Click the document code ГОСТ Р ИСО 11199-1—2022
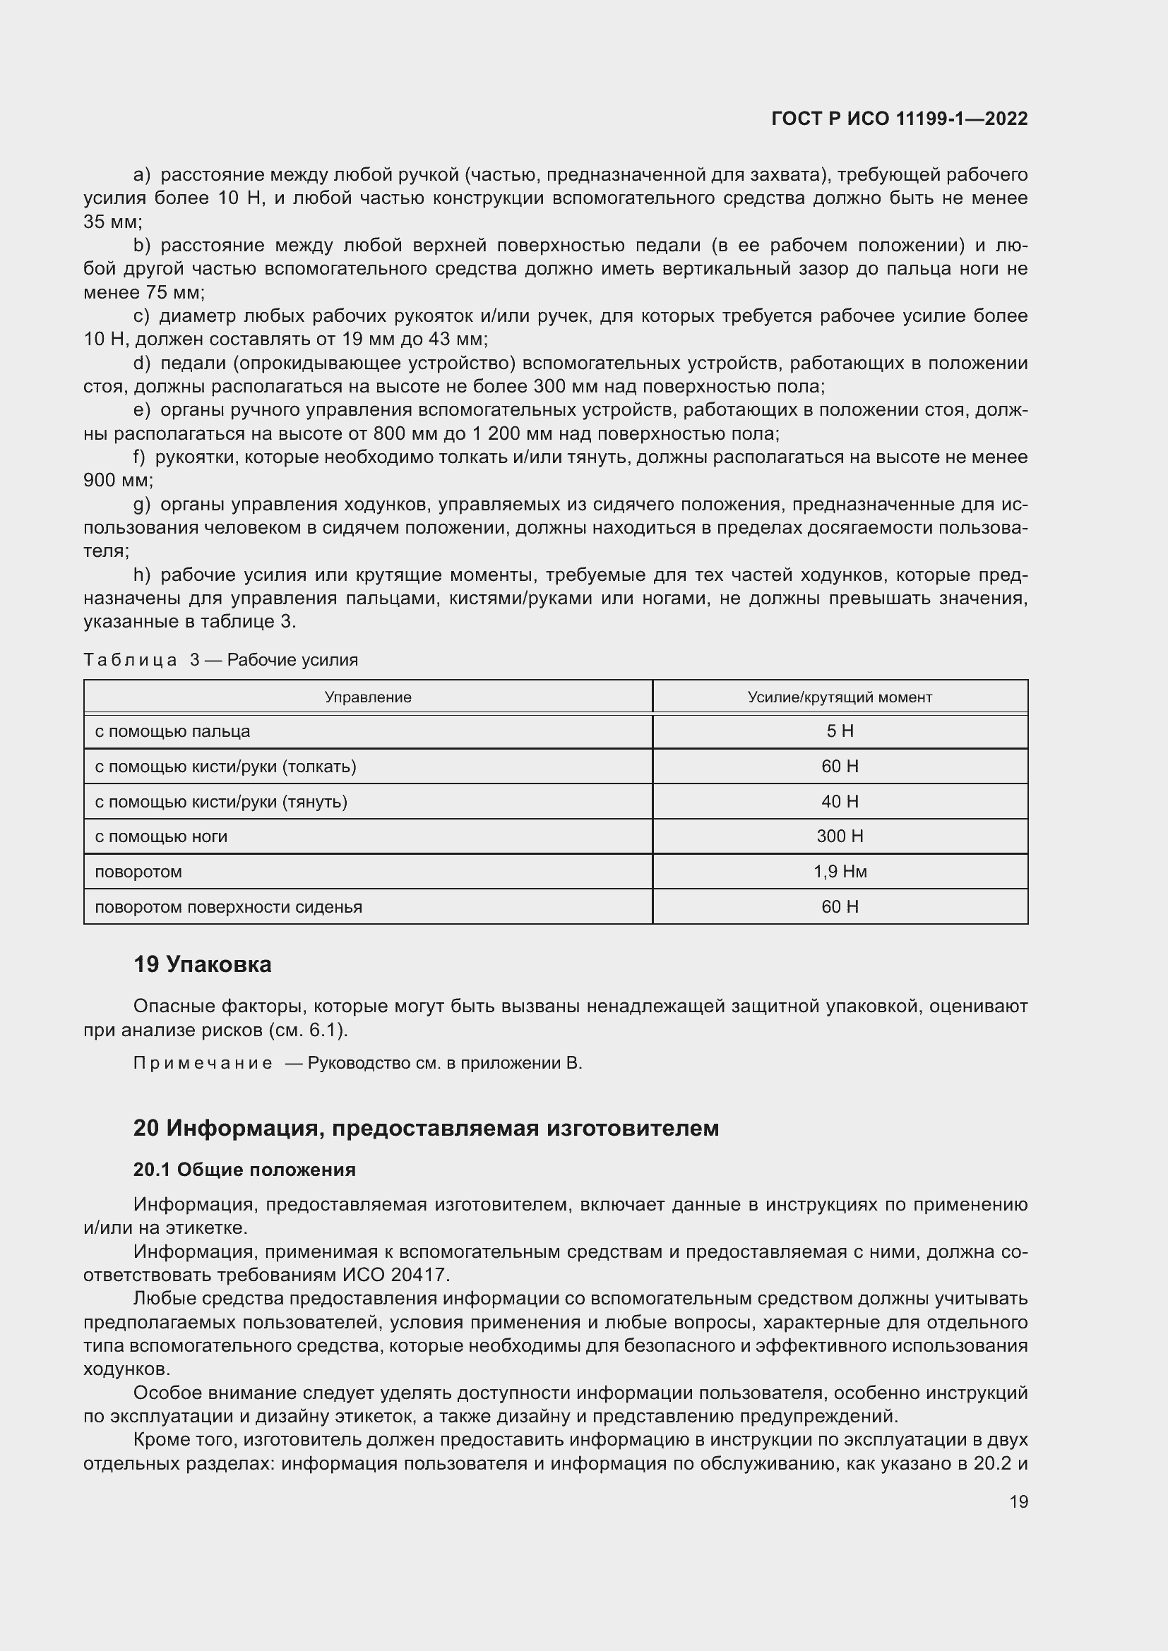[899, 119]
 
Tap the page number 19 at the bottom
[1018, 1501]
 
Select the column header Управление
[367, 697]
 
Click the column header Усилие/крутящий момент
[840, 697]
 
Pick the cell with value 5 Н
[840, 731]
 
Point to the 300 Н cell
[840, 836]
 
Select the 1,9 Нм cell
[840, 872]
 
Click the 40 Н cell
[840, 801]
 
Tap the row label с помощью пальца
[172, 731]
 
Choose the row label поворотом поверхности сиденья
[229, 907]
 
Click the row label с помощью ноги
[161, 836]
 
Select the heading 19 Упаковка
[202, 964]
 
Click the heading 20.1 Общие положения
[244, 1170]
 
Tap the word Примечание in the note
[203, 1064]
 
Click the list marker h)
[142, 575]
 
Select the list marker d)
[142, 363]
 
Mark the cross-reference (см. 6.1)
[308, 1031]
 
